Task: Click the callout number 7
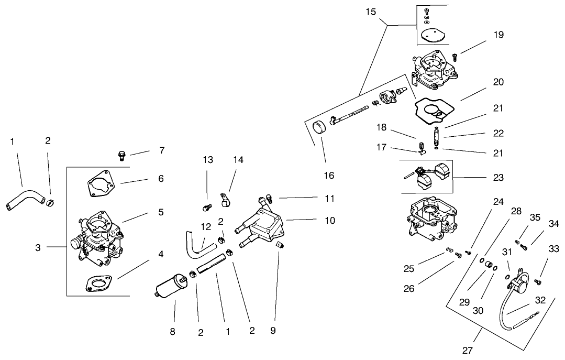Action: click(x=162, y=150)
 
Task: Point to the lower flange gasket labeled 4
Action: click(x=97, y=284)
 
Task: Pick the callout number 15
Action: click(x=371, y=11)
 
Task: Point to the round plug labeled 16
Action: click(x=318, y=128)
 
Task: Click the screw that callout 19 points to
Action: click(x=455, y=56)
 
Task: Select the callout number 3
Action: click(x=38, y=247)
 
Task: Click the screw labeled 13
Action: click(x=206, y=208)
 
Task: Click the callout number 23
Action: click(x=498, y=178)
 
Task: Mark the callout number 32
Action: click(x=540, y=300)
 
